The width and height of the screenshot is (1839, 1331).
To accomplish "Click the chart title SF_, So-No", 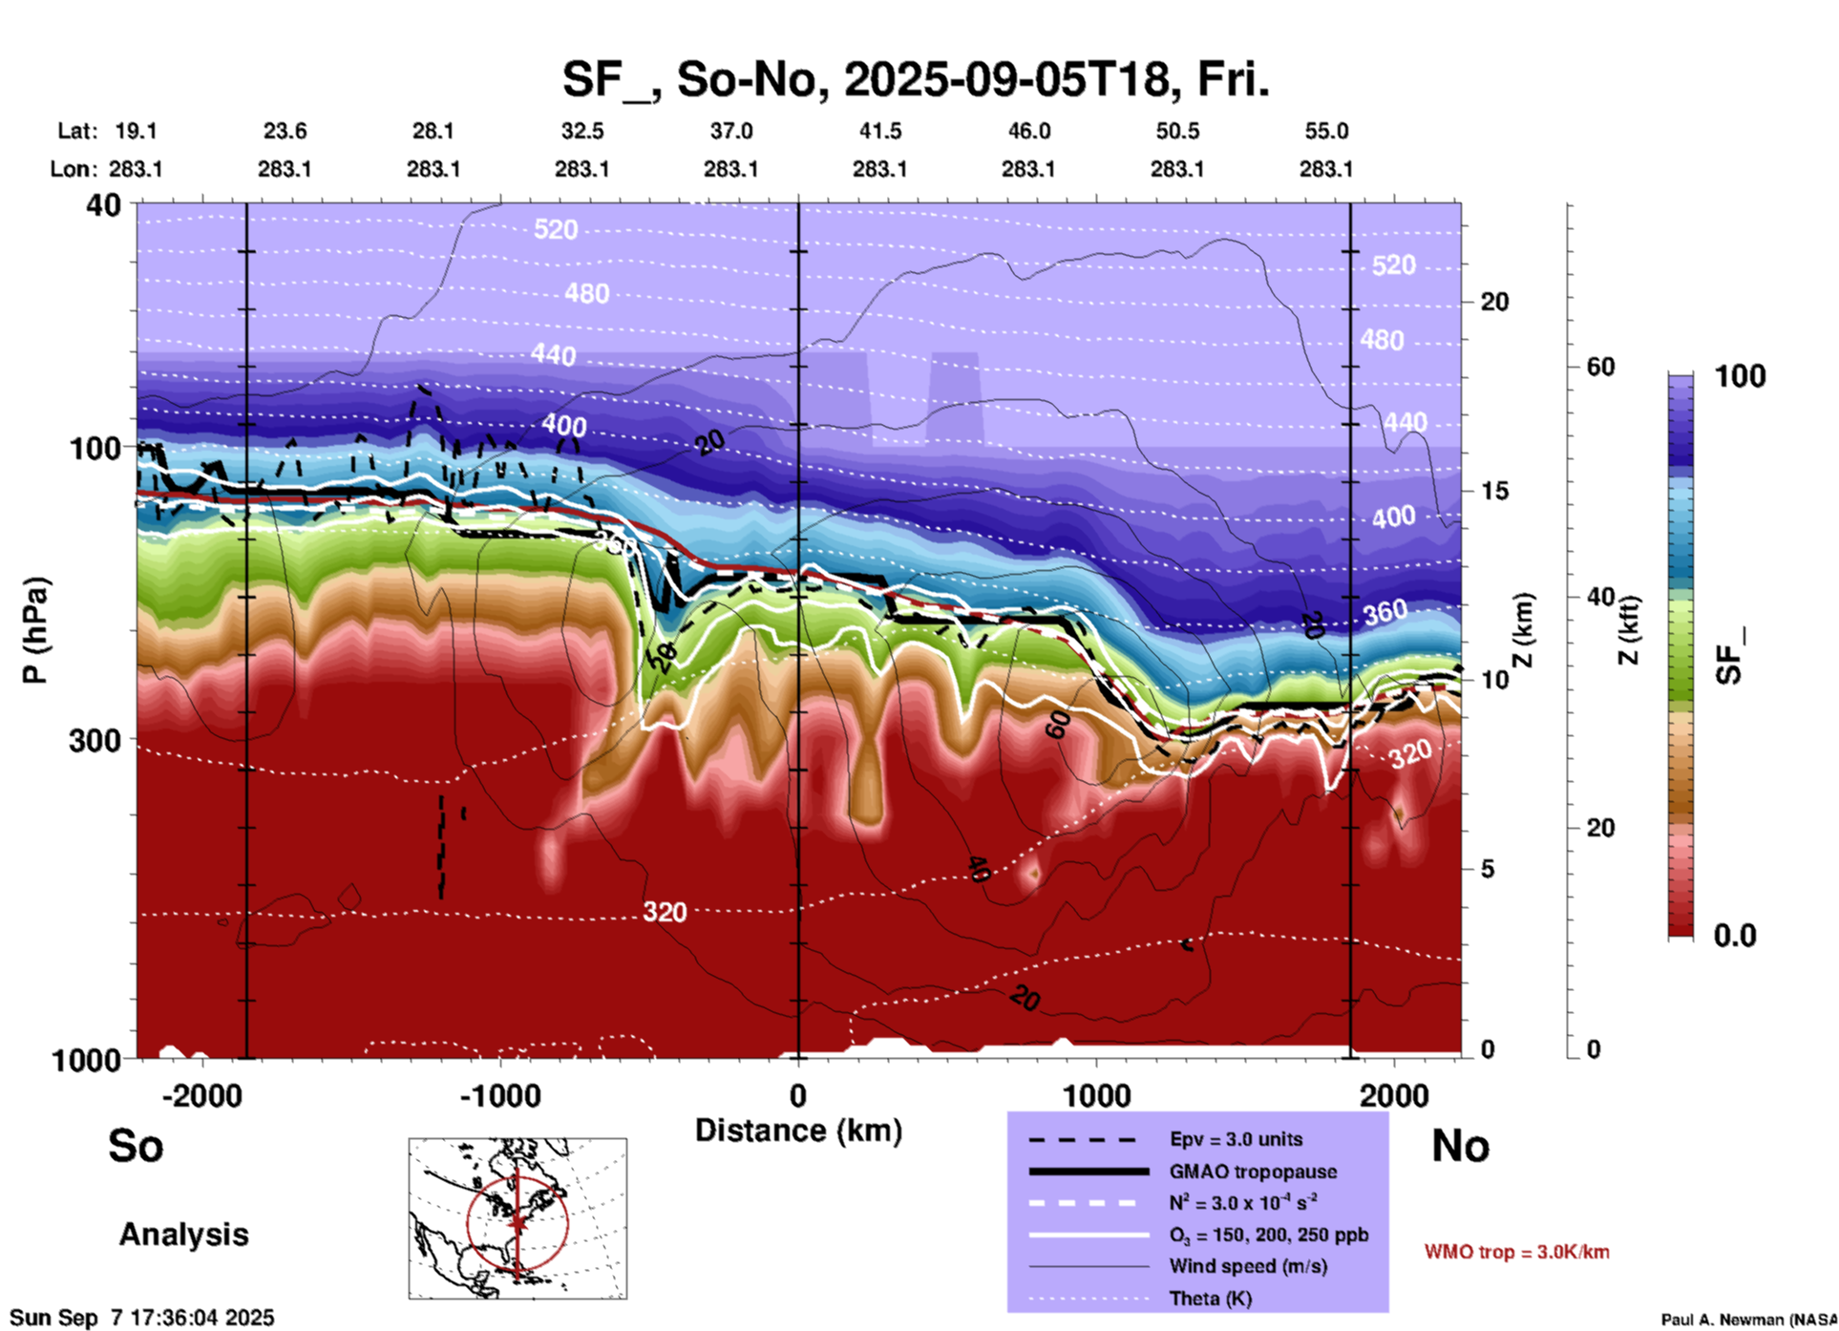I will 915,80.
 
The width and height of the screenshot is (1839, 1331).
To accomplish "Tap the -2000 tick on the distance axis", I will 201,1095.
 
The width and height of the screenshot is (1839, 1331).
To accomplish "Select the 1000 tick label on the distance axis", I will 1097,1095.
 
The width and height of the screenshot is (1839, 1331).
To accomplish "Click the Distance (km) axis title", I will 798,1130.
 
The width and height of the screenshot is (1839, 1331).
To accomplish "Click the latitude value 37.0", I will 730,131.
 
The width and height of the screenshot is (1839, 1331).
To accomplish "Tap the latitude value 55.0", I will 1326,131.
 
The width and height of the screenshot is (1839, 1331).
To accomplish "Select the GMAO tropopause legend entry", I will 1253,1172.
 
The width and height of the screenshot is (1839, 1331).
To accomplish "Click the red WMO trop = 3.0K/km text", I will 1516,1252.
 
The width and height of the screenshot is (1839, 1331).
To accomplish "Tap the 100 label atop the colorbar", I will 1740,376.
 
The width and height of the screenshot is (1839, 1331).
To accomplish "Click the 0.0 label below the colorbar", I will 1735,936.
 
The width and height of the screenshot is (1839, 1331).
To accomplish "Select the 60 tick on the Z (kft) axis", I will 1600,367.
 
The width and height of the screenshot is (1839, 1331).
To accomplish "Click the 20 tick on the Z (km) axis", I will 1494,302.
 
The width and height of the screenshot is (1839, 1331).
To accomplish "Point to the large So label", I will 136,1146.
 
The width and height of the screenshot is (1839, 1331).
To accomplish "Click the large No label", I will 1460,1146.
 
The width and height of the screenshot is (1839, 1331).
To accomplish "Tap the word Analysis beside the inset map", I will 183,1235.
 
